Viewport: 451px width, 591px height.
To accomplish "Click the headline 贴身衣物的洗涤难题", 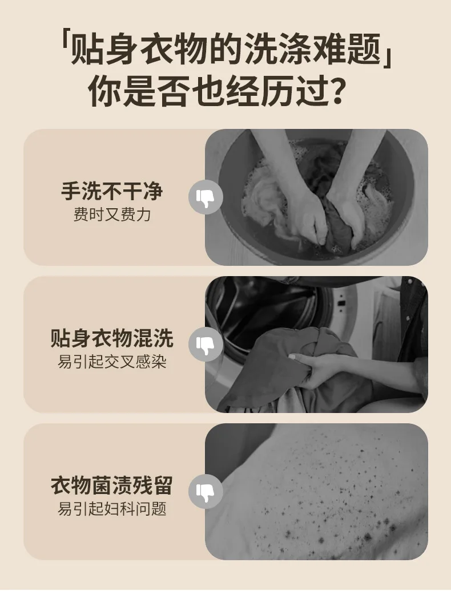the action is [226, 50].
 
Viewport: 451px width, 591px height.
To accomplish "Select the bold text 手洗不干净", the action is [112, 191].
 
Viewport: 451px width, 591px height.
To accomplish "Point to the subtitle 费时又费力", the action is [112, 215].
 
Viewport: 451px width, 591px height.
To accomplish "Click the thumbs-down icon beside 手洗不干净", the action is [206, 197].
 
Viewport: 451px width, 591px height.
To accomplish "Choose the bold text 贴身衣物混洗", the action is [112, 338].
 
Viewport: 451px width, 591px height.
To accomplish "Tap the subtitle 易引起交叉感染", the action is [112, 362].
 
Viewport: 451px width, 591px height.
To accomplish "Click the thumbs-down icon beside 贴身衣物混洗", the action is [206, 344].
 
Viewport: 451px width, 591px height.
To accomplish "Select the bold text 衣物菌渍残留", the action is [112, 485].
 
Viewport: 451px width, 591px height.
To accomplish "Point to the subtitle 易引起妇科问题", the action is [112, 509].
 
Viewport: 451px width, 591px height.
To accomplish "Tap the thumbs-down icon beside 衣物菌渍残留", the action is [206, 492].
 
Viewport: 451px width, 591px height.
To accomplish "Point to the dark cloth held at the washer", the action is [279, 366].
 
